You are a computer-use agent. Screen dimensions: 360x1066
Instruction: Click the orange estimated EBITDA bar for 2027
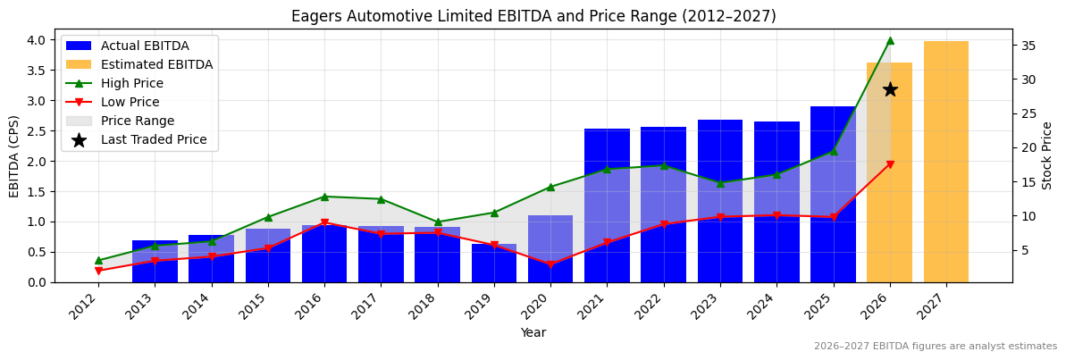click(945, 162)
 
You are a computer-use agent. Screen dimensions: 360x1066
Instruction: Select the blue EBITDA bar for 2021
click(607, 205)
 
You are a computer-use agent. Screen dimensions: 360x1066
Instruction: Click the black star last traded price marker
click(890, 89)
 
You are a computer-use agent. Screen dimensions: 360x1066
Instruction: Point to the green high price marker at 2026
click(890, 40)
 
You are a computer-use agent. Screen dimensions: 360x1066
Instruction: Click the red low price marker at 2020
click(550, 264)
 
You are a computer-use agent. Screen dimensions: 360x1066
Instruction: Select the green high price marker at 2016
click(324, 197)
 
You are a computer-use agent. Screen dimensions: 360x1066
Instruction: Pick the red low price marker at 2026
click(890, 164)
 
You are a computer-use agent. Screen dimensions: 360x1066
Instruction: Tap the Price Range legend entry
click(138, 121)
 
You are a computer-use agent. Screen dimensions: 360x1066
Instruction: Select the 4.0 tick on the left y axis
click(38, 40)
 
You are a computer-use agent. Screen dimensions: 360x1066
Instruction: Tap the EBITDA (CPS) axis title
click(14, 155)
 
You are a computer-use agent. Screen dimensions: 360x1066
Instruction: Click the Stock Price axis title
click(1047, 155)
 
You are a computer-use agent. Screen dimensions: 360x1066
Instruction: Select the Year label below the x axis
click(533, 333)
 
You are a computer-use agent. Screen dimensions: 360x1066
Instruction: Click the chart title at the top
click(533, 16)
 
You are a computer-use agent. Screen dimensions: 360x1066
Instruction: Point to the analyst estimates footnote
click(935, 347)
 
